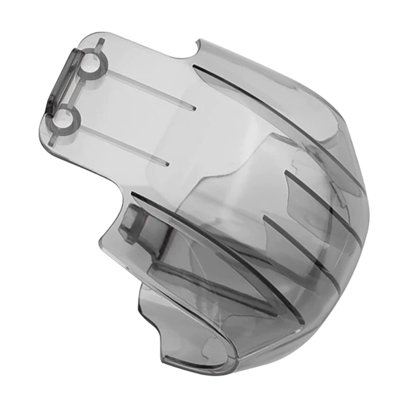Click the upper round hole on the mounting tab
91,63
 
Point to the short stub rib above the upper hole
101,43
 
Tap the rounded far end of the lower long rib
167,164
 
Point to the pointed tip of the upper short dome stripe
286,173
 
